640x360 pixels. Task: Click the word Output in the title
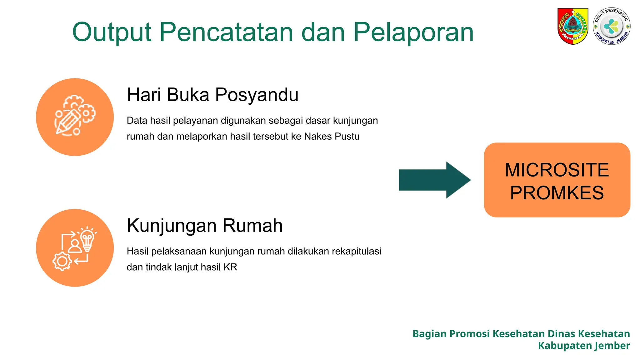click(x=112, y=32)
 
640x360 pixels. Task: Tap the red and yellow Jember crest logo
click(x=573, y=26)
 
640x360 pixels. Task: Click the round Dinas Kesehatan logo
click(x=612, y=26)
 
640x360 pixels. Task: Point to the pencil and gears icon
click(x=75, y=116)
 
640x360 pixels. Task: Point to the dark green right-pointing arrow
click(x=435, y=180)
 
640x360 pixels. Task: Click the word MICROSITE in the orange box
click(x=557, y=170)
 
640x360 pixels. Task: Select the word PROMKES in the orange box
click(x=557, y=192)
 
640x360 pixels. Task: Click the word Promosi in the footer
click(x=470, y=334)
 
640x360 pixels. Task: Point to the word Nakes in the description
click(x=318, y=137)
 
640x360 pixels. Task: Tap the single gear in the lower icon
click(x=62, y=261)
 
